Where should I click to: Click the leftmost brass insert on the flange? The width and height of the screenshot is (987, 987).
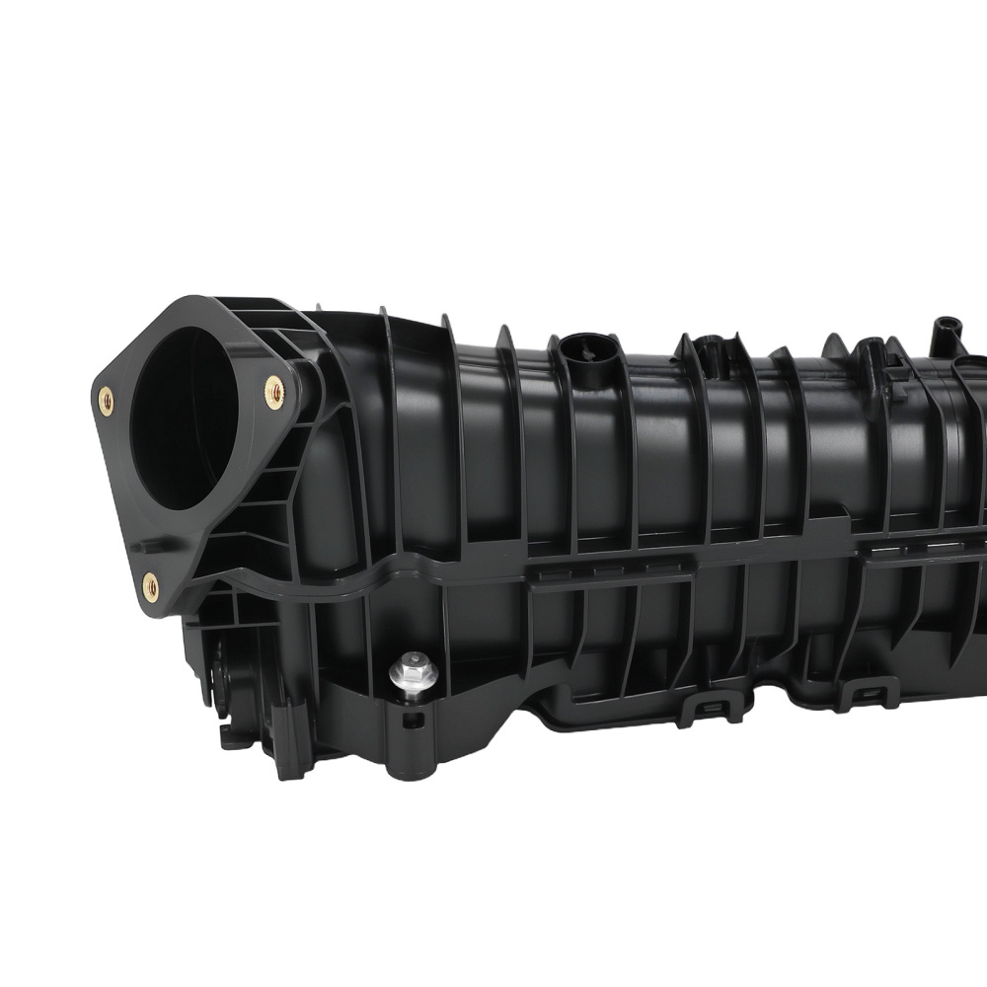tap(106, 400)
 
